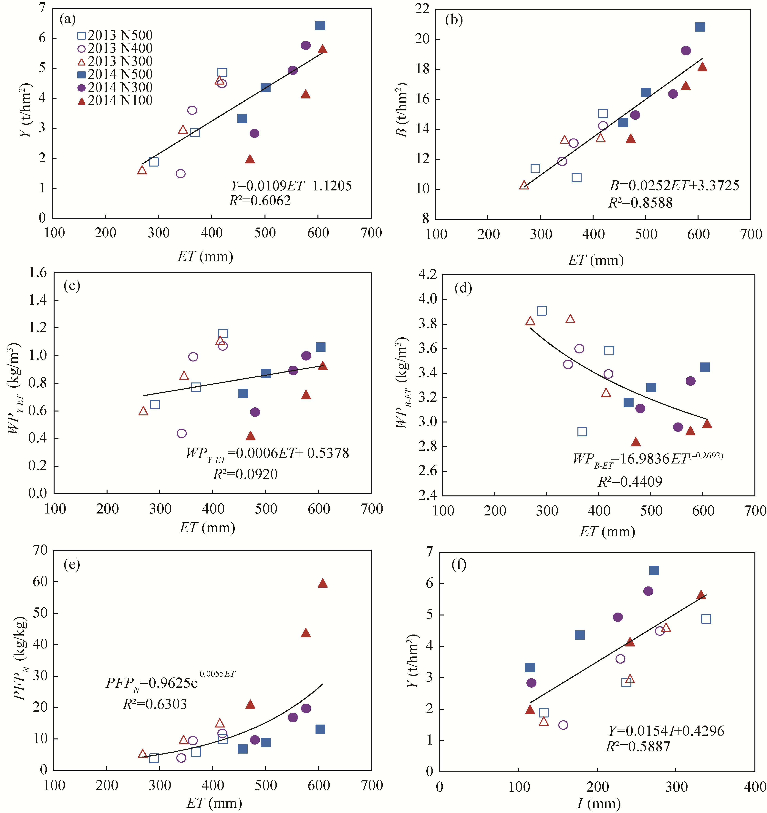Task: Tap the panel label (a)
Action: (x=67, y=19)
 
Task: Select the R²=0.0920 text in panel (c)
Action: (x=245, y=474)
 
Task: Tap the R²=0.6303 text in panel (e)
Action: (x=155, y=704)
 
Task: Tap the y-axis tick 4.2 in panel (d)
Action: (x=428, y=274)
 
